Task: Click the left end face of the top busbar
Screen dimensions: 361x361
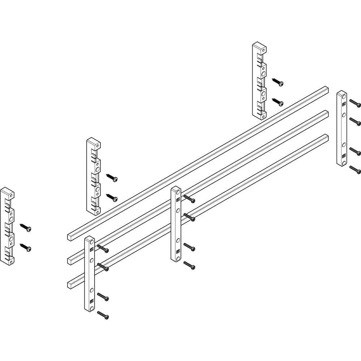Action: [x=70, y=237]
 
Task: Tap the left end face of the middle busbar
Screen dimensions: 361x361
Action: [x=70, y=260]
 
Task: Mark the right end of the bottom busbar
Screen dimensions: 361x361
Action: [x=327, y=136]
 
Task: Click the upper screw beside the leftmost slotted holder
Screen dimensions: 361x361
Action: [x=25, y=227]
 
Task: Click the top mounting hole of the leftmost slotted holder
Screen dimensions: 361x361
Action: [x=12, y=194]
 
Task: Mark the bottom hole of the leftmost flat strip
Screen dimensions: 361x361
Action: [x=92, y=308]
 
